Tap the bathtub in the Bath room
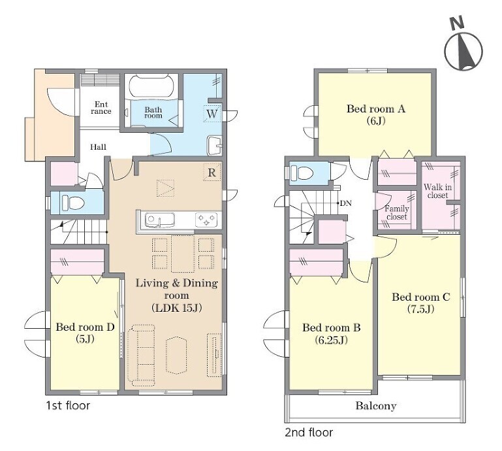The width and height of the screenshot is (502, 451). point(151,85)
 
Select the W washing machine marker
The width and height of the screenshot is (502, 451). point(212,114)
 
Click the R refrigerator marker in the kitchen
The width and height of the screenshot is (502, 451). point(212,173)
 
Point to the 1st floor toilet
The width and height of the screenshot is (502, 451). point(72,203)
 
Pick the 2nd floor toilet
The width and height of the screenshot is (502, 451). point(302,173)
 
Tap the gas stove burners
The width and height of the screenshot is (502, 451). point(206,220)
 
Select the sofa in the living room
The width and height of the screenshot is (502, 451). point(141,355)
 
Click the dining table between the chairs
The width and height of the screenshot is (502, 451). point(183,254)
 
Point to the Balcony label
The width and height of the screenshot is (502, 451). point(376,406)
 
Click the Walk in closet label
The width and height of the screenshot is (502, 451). point(437,191)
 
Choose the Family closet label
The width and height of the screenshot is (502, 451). point(397,212)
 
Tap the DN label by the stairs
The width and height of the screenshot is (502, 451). point(345,203)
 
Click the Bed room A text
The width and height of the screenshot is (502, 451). point(376,109)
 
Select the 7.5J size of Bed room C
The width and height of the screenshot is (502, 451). point(420,309)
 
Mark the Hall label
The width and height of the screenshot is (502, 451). point(98,147)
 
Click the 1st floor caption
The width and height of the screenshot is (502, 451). point(68,405)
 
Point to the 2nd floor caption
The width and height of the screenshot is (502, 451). point(309,433)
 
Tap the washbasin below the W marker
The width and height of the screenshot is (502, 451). point(215,146)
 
